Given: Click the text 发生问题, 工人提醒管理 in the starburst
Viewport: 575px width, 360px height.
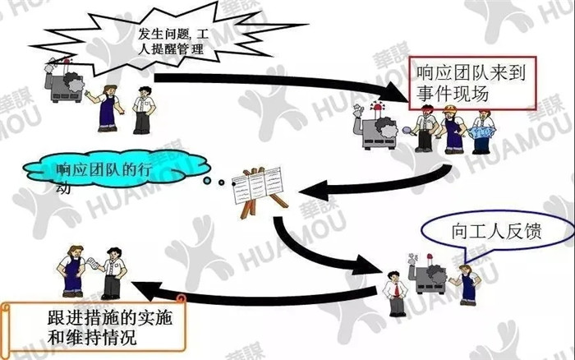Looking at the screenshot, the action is [x=173, y=41].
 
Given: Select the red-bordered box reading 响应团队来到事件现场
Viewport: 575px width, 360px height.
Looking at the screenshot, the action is [x=472, y=83].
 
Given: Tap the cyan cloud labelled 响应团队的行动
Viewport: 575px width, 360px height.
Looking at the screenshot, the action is [x=117, y=170].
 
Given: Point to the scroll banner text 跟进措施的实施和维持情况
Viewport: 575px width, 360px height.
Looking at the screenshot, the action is [x=109, y=327].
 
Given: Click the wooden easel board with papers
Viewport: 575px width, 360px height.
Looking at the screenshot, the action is [x=260, y=191].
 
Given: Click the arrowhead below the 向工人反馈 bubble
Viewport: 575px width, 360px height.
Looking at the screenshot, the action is [x=366, y=265].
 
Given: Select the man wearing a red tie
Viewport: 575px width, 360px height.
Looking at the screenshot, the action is [x=395, y=293].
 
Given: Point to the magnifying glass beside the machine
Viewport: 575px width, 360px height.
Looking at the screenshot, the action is [x=407, y=131].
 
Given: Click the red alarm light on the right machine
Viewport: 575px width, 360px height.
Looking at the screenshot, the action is [x=377, y=107].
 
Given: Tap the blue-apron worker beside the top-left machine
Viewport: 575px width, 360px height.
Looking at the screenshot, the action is [x=106, y=108].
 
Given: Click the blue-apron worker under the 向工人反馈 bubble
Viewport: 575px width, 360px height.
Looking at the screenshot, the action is [x=467, y=285].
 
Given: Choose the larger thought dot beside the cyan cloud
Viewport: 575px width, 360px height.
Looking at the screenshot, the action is [x=208, y=181].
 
